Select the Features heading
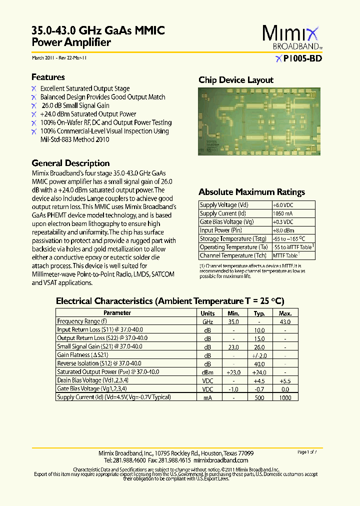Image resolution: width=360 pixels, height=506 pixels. tap(48, 77)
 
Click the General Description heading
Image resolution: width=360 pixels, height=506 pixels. tap(70, 163)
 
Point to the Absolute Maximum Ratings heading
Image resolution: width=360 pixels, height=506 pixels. tap(251, 192)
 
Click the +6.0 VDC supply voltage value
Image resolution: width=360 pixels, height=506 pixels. tap(283, 205)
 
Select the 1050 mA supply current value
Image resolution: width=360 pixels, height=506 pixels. tap(282, 213)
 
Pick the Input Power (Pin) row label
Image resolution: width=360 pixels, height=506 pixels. tap(221, 230)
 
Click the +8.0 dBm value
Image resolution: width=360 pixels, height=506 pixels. tap(282, 230)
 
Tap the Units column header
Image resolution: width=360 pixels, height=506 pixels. tap(207, 313)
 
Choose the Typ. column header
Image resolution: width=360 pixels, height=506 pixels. tap(259, 313)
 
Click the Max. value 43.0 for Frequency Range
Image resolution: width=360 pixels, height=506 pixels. tap(285, 322)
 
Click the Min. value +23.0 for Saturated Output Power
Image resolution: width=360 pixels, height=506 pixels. tap(233, 372)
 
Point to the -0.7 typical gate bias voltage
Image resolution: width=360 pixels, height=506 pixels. tap(259, 389)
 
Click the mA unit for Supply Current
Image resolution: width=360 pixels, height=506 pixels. tap(207, 397)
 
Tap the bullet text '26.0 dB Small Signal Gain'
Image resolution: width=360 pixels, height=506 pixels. tap(75, 105)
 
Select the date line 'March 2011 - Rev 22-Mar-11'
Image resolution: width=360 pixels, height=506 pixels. tap(59, 58)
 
